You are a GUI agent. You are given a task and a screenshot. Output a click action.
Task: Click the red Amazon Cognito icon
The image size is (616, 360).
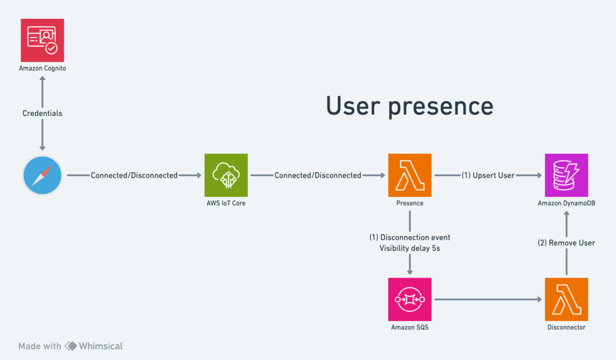tap(42, 40)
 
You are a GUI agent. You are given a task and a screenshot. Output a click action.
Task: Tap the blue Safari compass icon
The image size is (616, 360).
tap(42, 175)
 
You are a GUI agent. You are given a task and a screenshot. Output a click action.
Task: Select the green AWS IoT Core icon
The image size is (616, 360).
tap(226, 175)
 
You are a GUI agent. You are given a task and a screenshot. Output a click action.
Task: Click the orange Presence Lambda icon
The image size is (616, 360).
tap(410, 175)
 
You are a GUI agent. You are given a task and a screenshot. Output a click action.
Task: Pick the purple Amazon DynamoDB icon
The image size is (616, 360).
tap(566, 175)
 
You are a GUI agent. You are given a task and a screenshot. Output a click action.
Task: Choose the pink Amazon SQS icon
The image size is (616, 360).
tap(410, 299)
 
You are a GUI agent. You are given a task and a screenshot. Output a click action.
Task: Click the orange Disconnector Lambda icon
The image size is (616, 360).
tap(566, 299)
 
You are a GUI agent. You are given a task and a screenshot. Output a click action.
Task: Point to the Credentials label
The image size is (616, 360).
tap(42, 113)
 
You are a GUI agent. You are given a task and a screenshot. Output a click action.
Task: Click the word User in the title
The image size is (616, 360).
tap(352, 105)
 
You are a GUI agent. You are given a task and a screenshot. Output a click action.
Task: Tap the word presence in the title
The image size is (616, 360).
tap(440, 106)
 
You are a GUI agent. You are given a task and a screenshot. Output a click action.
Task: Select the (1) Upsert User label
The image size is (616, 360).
tap(488, 175)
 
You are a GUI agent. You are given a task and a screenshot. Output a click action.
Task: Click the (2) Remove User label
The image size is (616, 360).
tap(566, 243)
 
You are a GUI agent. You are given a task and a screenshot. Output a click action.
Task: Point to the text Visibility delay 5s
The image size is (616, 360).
tap(410, 248)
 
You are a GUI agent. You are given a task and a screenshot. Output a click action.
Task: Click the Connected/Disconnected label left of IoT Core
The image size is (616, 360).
tap(134, 175)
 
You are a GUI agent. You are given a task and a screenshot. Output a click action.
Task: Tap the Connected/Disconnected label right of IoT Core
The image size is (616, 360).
tap(318, 175)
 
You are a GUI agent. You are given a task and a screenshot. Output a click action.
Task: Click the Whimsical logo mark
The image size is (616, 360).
tap(71, 346)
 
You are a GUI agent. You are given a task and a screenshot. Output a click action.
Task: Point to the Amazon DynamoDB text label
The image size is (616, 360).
tap(566, 203)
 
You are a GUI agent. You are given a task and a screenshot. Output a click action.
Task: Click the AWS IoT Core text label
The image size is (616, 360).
tap(226, 203)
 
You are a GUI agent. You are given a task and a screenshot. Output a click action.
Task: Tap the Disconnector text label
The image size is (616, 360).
tap(566, 327)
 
